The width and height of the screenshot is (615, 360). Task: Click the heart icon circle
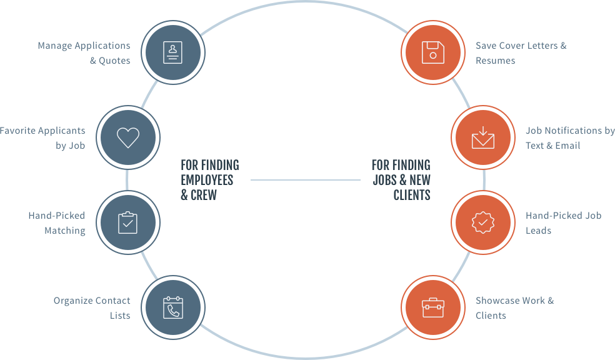(x=127, y=137)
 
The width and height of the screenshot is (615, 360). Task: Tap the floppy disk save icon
(x=432, y=52)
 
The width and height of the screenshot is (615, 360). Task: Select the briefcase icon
(x=432, y=307)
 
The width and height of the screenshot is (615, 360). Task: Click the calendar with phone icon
(x=172, y=307)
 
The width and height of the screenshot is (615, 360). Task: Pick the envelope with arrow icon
(x=482, y=137)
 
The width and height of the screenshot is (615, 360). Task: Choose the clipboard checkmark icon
(x=127, y=222)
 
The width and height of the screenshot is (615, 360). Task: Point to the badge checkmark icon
(x=482, y=222)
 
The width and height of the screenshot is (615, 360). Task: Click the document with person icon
(x=172, y=52)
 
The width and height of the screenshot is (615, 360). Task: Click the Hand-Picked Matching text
(x=57, y=223)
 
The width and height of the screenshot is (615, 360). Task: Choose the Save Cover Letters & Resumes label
(x=521, y=53)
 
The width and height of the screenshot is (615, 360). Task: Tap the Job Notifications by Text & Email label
(x=569, y=138)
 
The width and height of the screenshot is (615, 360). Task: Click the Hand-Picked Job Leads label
(x=562, y=223)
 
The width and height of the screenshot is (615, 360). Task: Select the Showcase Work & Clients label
(x=514, y=308)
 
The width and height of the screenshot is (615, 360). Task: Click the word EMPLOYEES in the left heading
(x=207, y=180)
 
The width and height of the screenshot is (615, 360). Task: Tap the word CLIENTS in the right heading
(x=412, y=195)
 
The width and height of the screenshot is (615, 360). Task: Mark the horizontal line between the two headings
(x=306, y=180)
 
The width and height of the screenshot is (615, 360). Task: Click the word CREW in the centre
(x=204, y=195)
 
